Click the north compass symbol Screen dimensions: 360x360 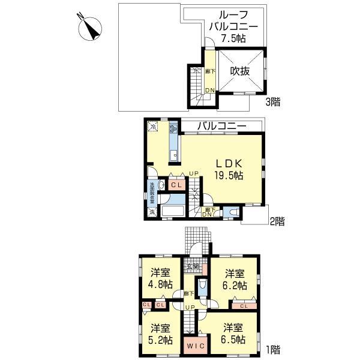pyautogui.click(x=92, y=28)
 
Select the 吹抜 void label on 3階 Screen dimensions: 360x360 pyautogui.click(x=240, y=70)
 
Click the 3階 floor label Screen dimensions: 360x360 pyautogui.click(x=273, y=102)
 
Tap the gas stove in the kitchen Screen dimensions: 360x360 pyautogui.click(x=173, y=128)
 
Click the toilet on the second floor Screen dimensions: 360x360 pyautogui.click(x=234, y=212)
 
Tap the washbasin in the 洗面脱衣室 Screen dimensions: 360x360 pyautogui.click(x=152, y=185)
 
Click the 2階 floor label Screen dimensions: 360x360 pyautogui.click(x=276, y=221)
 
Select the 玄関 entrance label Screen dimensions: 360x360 pyautogui.click(x=192, y=267)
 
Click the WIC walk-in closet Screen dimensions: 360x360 pyautogui.click(x=194, y=346)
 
